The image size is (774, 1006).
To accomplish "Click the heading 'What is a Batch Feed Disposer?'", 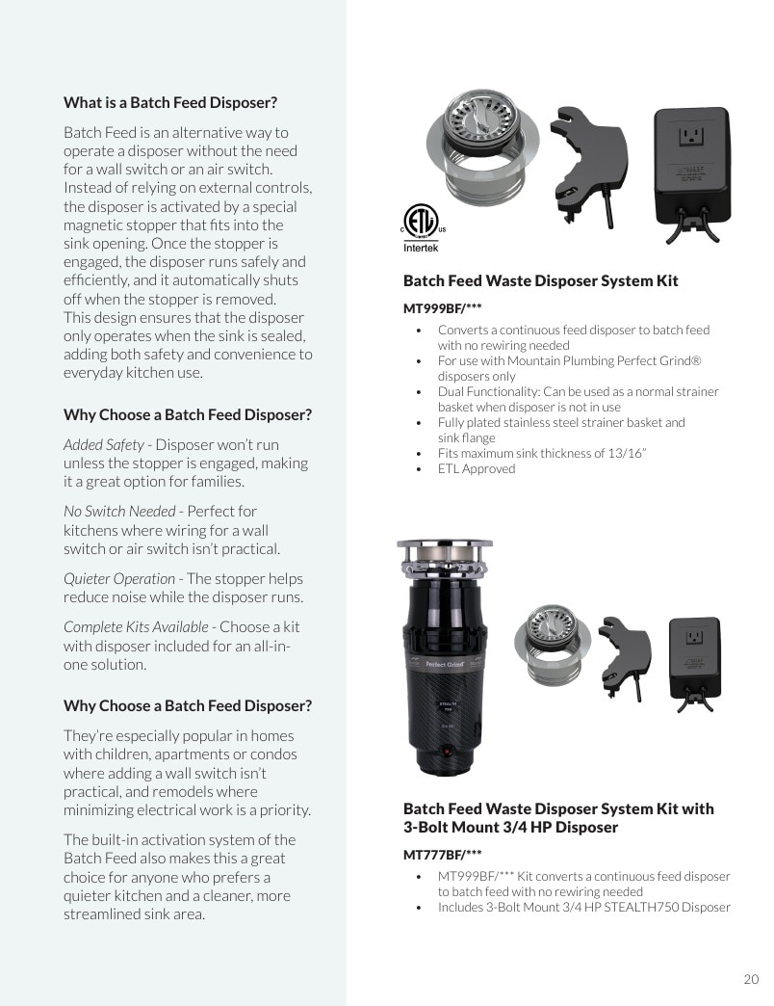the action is [x=170, y=103].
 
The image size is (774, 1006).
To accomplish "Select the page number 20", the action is [x=751, y=979].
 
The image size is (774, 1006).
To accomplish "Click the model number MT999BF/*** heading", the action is [x=442, y=308].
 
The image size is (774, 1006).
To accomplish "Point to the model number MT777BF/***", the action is [x=442, y=855].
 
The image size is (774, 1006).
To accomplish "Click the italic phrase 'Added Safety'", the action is [x=104, y=444].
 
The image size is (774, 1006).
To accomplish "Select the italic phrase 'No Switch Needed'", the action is [x=119, y=512].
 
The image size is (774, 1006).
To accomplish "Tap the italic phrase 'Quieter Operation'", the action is [x=119, y=579].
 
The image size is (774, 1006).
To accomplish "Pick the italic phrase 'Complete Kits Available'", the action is [x=136, y=627].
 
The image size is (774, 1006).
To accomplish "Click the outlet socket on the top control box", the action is [x=692, y=136].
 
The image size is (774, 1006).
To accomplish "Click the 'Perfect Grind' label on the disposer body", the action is [x=445, y=664].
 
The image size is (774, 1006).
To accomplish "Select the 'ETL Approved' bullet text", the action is [x=477, y=469].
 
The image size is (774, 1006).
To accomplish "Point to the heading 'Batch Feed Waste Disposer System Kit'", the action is [x=541, y=281].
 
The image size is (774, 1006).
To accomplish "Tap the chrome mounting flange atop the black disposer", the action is [x=445, y=557].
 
